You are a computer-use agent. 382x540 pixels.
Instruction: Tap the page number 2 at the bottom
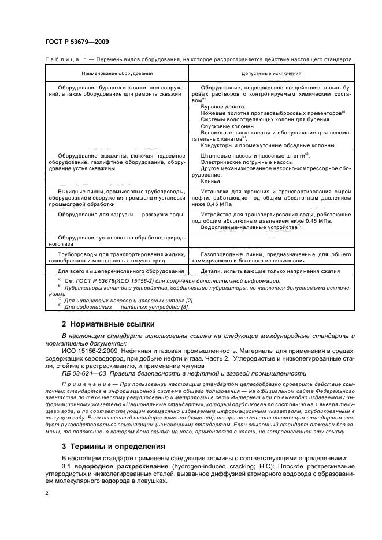point(47,493)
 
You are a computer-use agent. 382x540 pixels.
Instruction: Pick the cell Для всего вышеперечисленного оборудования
point(121,271)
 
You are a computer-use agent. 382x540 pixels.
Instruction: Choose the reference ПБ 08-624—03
point(86,373)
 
